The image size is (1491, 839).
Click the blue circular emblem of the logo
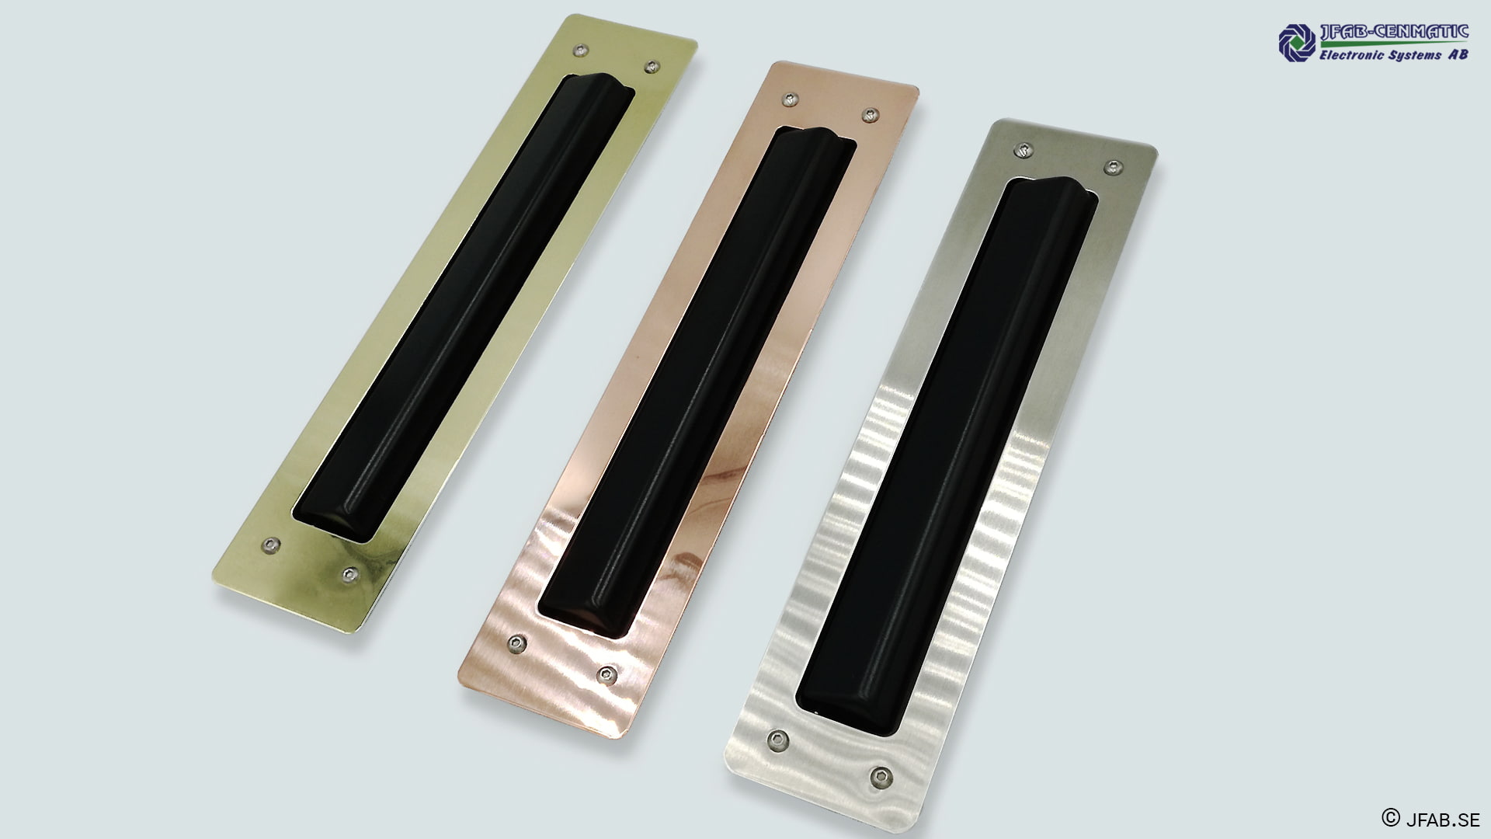(1296, 41)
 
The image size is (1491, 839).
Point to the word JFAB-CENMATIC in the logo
(1393, 32)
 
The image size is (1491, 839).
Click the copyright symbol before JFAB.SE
(1390, 817)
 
